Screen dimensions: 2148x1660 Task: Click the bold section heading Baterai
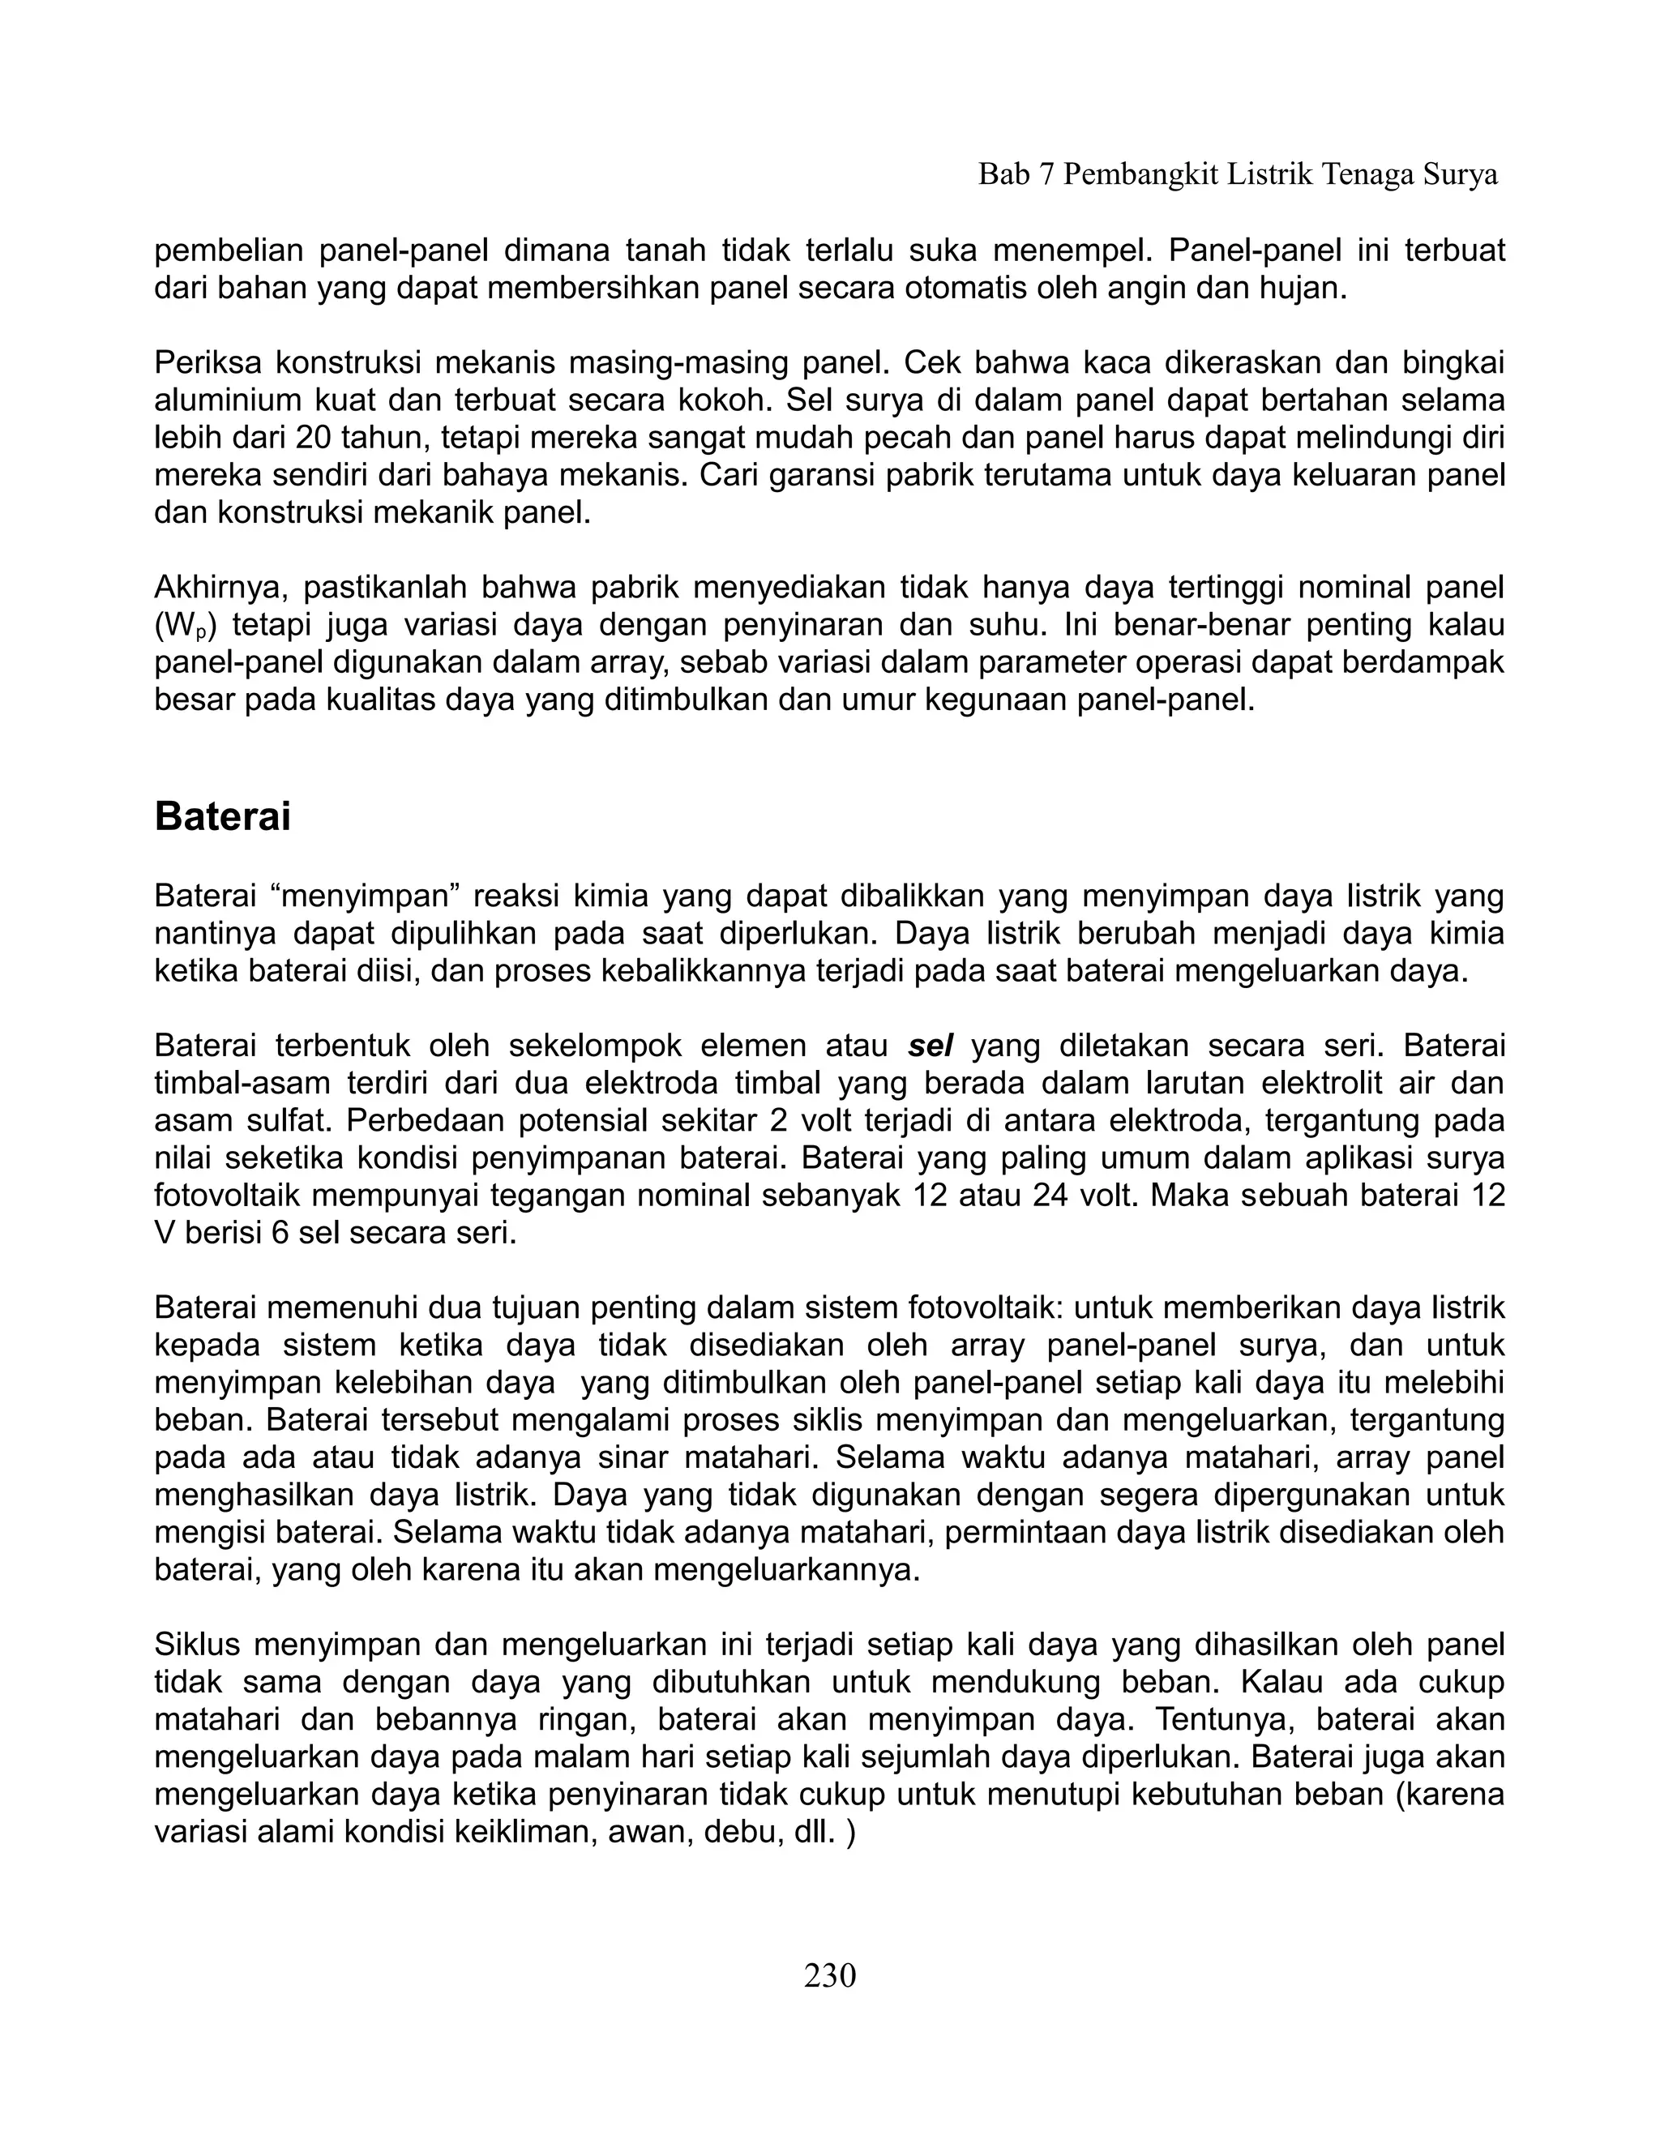click(222, 817)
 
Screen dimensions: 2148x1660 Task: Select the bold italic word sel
click(931, 1046)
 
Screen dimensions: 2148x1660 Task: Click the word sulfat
click(280, 1120)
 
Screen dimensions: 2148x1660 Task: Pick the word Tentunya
click(1221, 1718)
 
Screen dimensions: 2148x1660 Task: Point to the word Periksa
click(207, 363)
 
